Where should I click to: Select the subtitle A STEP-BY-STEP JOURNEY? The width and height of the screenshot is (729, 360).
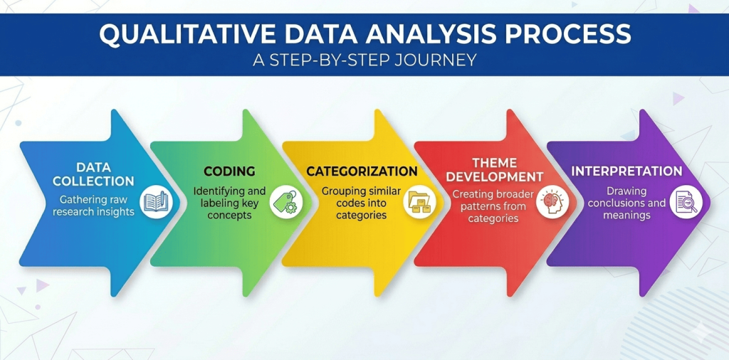coord(364,60)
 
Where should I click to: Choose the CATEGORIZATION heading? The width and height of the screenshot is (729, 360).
coord(362,171)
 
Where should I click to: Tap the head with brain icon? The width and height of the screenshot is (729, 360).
coord(550,202)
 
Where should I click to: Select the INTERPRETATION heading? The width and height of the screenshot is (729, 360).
coord(626,171)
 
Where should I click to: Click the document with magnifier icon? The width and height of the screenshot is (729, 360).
coord(688,202)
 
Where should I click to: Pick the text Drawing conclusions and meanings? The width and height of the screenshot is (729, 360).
coord(626,203)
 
